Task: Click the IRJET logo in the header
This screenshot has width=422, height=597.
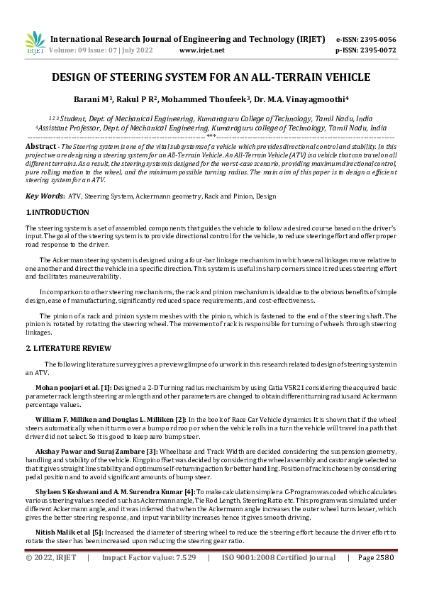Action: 35,43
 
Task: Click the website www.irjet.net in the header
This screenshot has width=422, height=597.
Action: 202,50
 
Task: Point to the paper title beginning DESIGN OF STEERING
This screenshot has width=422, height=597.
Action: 211,77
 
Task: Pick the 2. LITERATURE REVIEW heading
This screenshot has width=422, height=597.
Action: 68,348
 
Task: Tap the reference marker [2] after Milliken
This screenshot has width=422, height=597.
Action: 181,420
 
